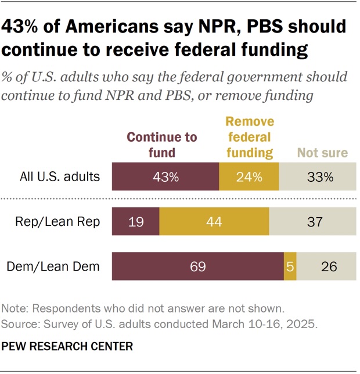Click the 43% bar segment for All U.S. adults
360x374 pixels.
[165, 177]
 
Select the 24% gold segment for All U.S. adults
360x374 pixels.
[249, 177]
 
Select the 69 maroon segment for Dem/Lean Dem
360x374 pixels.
[197, 267]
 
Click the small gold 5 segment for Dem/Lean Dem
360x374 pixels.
[290, 267]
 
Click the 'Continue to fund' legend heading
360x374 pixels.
[162, 145]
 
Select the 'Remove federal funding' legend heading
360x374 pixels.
[249, 137]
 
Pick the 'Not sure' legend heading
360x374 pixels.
[322, 153]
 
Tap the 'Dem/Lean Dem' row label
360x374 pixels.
[62, 267]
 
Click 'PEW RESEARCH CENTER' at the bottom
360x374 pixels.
[67, 346]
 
